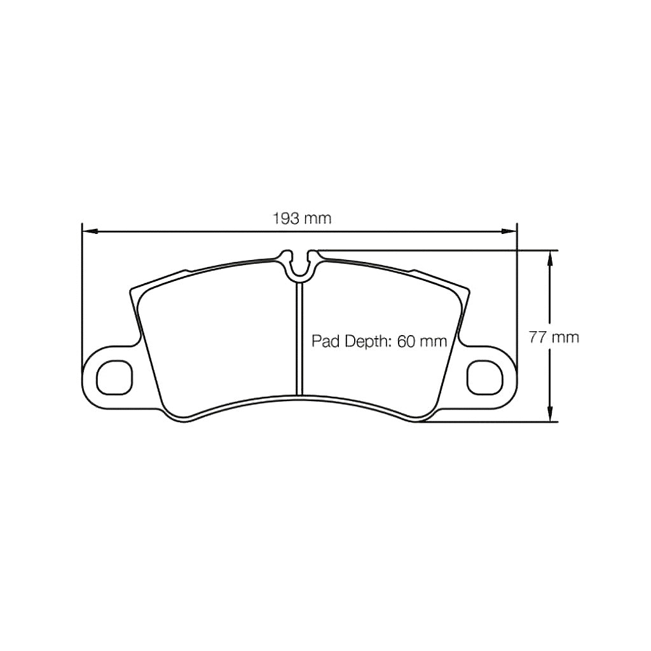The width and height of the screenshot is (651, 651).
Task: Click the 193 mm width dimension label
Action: point(302,219)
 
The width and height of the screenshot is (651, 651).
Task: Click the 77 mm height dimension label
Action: point(554,338)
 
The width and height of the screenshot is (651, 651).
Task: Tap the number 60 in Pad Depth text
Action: point(406,341)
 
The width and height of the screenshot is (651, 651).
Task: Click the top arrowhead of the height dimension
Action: point(551,256)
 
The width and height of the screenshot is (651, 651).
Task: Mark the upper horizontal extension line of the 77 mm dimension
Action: point(445,250)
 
